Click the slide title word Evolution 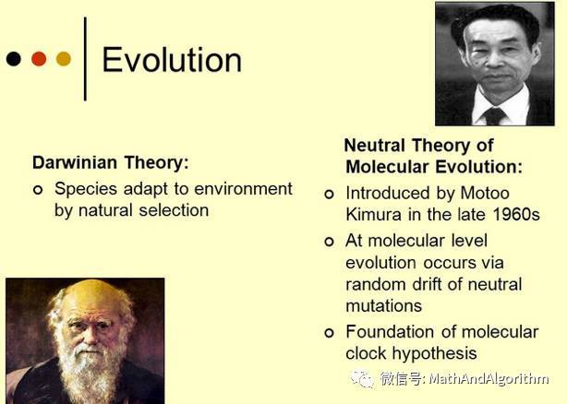click(172, 60)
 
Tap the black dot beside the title click(14, 59)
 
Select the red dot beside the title click(39, 59)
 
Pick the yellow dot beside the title click(64, 59)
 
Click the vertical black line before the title click(85, 59)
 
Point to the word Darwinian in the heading click(76, 162)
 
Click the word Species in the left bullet click(86, 189)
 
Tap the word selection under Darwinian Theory click(174, 210)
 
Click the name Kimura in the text click(374, 215)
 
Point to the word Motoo click(485, 193)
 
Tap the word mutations click(383, 306)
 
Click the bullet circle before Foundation click(329, 332)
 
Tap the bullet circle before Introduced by click(329, 195)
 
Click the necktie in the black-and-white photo click(495, 115)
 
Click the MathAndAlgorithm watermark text click(489, 379)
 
